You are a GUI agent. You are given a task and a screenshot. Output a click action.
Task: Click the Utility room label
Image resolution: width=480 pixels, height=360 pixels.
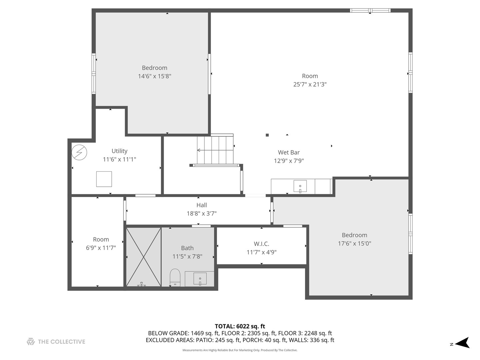119,151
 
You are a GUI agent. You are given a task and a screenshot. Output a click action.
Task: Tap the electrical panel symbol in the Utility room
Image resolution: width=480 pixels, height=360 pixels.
79,152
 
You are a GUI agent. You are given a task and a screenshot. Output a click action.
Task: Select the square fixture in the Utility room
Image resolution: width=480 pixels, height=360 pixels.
104,179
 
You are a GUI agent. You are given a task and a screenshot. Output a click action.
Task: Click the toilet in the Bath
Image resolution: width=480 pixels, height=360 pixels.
175,278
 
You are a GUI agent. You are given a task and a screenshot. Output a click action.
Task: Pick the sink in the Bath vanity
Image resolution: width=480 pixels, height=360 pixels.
200,278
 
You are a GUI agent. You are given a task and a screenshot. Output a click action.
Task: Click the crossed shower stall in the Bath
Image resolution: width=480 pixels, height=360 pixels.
144,257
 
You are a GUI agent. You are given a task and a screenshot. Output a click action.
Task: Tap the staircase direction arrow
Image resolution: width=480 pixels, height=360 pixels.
199,150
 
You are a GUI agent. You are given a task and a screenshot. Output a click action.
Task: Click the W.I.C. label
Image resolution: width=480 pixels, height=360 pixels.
261,244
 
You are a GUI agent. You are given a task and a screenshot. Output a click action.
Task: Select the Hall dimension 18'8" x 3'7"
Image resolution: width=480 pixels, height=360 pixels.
201,214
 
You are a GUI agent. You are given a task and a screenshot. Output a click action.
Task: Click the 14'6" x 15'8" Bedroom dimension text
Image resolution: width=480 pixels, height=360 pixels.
154,76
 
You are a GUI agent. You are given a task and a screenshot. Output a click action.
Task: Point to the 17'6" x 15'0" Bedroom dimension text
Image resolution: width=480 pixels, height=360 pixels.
354,244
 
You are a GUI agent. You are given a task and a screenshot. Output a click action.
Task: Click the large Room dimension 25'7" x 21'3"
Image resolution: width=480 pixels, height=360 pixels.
310,85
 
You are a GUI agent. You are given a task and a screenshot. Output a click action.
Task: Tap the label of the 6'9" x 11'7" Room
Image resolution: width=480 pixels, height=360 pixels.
101,239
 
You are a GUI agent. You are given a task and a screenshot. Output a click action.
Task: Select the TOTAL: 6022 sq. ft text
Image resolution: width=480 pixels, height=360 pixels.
240,326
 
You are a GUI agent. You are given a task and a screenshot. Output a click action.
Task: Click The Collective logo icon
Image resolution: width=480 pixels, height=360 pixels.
31,341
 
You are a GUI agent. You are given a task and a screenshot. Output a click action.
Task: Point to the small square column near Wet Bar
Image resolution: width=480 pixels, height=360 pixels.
267,135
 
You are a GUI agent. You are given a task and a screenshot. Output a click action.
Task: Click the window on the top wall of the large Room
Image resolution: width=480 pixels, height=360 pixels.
370,11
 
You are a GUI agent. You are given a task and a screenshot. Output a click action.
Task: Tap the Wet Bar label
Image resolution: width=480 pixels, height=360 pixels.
289,152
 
